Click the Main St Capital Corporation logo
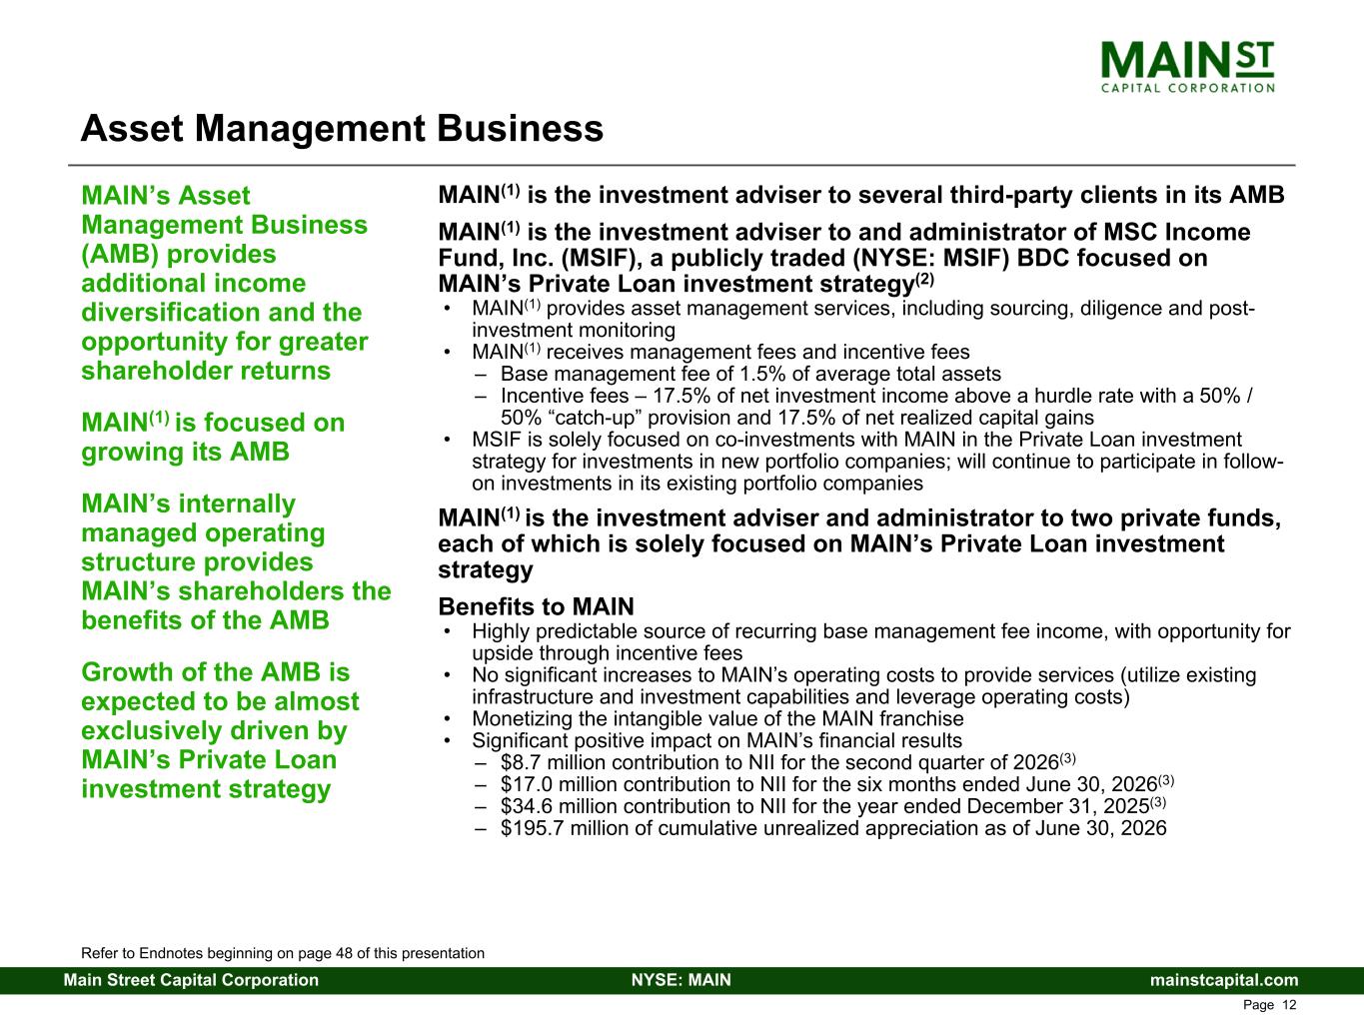1187,67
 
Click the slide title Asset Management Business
342,128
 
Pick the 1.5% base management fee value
765,374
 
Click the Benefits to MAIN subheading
537,606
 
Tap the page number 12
1289,1005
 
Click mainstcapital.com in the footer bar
1224,980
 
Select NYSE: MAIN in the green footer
682,980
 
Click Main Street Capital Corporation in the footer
191,980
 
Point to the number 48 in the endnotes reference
344,953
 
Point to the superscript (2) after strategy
924,280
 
